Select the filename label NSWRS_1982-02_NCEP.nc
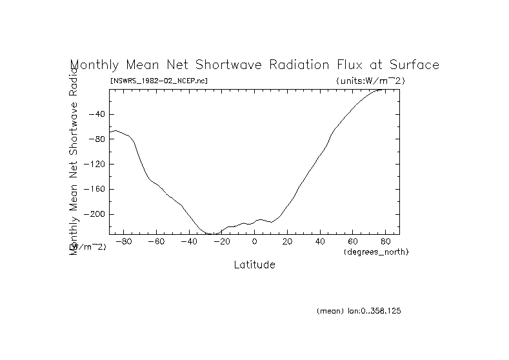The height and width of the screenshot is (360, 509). [x=159, y=81]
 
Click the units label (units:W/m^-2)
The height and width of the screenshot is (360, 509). [x=370, y=81]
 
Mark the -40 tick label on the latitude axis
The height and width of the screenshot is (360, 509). [x=188, y=242]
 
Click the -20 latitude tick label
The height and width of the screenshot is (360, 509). [x=221, y=242]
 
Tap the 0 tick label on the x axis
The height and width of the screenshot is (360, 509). [x=255, y=242]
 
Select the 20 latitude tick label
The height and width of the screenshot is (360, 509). [x=288, y=242]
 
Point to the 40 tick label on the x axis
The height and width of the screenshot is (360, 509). [x=321, y=242]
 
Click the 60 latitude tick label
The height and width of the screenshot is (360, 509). [x=354, y=242]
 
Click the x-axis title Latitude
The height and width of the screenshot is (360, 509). [x=254, y=265]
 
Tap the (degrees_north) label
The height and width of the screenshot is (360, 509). [x=376, y=251]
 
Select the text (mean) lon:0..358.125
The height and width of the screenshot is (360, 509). [x=359, y=311]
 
